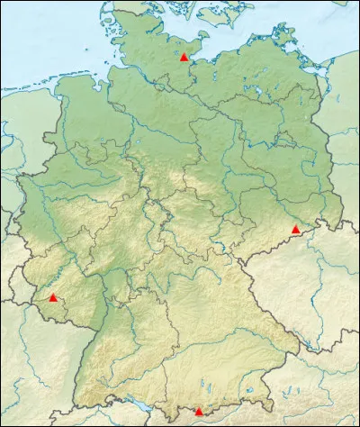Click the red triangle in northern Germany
pos(184,57)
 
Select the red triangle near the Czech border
pos(295,230)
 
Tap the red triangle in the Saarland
pos(53,297)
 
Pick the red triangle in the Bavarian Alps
pos(199,411)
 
